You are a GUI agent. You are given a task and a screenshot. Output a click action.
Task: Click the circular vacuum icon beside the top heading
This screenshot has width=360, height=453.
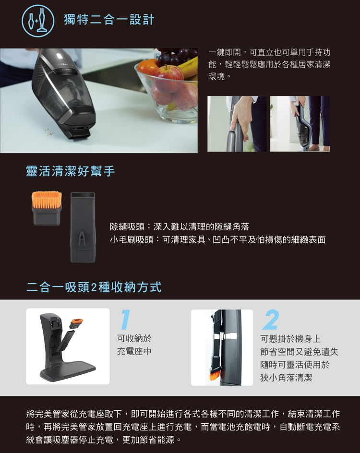point(38,21)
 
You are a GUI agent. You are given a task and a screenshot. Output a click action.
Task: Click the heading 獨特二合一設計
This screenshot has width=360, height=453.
point(109,20)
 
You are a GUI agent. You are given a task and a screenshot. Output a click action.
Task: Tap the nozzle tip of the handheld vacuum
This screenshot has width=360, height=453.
point(80,135)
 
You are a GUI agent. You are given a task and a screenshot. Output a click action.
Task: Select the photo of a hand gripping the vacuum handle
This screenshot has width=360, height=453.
point(237,124)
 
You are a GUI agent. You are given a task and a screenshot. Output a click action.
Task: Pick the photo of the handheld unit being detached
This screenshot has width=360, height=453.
point(300,124)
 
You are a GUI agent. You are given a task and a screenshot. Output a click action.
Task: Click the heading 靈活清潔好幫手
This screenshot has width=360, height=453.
point(71,171)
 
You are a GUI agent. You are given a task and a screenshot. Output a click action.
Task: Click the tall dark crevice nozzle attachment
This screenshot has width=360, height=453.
point(83,227)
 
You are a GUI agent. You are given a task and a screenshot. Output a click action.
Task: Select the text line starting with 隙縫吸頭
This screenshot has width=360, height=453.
point(180,227)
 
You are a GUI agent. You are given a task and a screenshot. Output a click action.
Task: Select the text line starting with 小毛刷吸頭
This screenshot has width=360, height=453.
point(217,239)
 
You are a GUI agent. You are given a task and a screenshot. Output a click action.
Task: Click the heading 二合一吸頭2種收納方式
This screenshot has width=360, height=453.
point(94,287)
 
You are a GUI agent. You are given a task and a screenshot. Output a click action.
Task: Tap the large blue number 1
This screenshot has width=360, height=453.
point(125,320)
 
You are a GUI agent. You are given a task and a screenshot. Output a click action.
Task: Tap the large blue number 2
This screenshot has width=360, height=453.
point(271,320)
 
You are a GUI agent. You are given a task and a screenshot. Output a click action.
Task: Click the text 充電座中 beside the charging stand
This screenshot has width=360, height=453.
point(134,351)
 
